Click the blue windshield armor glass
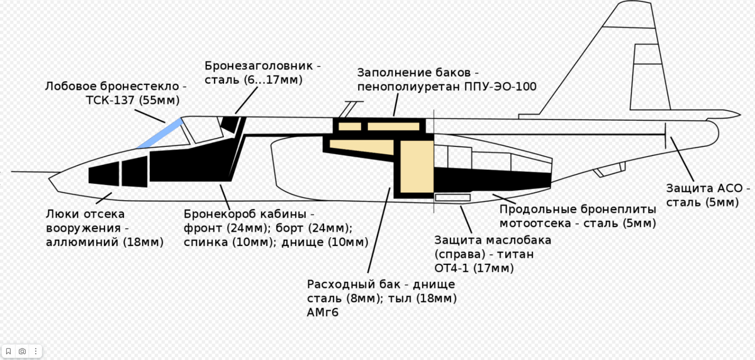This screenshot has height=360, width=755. click(x=160, y=133)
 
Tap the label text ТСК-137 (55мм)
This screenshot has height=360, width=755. click(x=132, y=100)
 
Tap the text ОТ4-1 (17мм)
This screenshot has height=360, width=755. click(x=474, y=268)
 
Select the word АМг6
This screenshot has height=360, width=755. click(x=323, y=312)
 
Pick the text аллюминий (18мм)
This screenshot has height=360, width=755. click(x=104, y=242)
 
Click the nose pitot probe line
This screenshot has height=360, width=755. click(x=31, y=171)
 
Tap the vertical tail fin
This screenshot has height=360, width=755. click(x=642, y=63)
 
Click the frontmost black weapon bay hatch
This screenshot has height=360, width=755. click(x=104, y=173)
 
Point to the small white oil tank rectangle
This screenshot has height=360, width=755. click(x=453, y=198)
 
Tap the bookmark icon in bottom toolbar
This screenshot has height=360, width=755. click(x=9, y=351)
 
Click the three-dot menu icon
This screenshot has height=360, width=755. click(x=36, y=351)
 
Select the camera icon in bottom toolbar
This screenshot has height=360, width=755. click(x=22, y=351)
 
